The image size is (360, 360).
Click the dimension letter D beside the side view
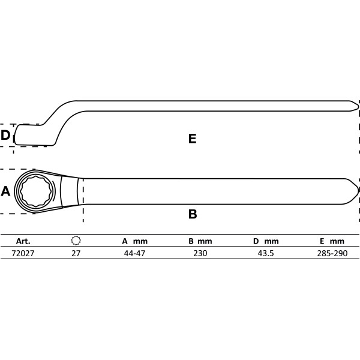tap(5, 135)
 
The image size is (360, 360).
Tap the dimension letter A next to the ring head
tap(5, 191)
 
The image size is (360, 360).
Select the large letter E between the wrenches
tap(193, 139)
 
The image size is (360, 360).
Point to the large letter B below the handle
tap(193, 214)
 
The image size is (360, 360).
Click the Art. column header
tap(23, 241)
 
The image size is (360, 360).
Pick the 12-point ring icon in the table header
tap(76, 241)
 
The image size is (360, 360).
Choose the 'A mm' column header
tap(135, 241)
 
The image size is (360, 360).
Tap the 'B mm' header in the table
tap(200, 241)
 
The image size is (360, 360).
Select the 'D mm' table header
tap(266, 241)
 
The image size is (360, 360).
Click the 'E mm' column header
tap(332, 241)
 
